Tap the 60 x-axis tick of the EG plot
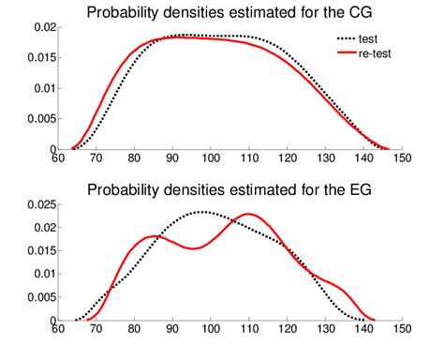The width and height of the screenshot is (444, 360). pyautogui.click(x=58, y=330)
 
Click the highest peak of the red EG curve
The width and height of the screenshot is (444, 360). pyautogui.click(x=248, y=215)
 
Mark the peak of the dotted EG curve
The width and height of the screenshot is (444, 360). pyautogui.click(x=204, y=212)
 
